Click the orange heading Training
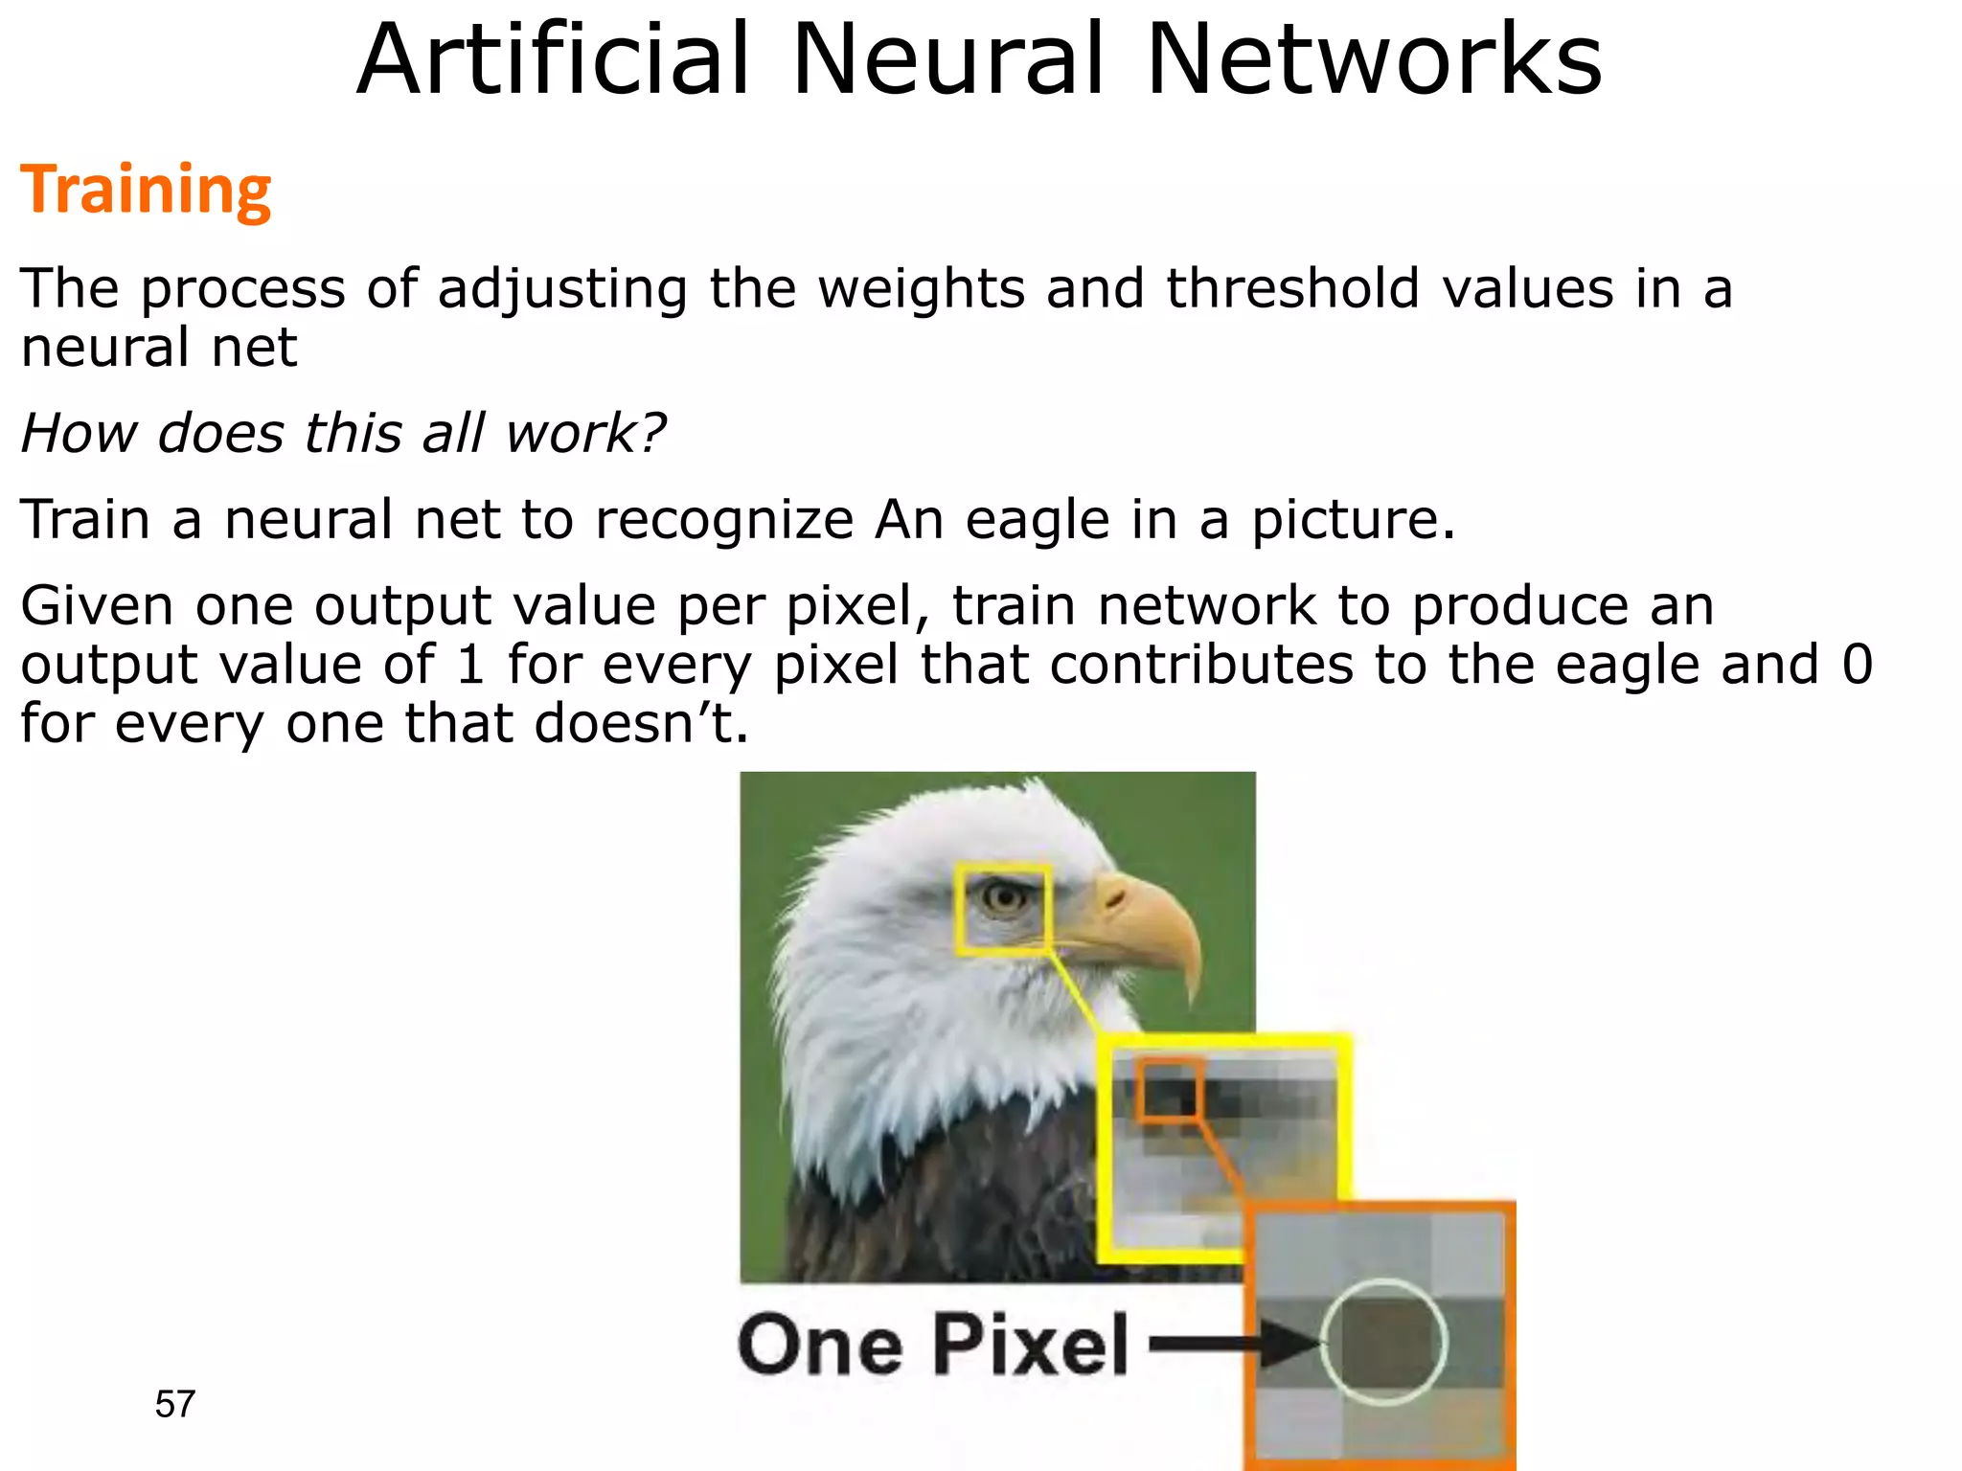coord(146,190)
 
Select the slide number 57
coord(174,1404)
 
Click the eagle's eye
coord(1005,897)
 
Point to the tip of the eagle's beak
coord(1192,996)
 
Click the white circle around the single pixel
coord(1383,1342)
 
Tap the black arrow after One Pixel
coord(1236,1344)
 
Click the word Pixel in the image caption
coord(1031,1346)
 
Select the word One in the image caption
coord(820,1346)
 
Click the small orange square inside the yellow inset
coord(1170,1088)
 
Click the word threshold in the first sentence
coord(1292,288)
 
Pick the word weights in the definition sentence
coord(921,290)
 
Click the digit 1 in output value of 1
coord(470,664)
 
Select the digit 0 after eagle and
coord(1857,664)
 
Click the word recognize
coord(723,520)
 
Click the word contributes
coord(1201,664)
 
